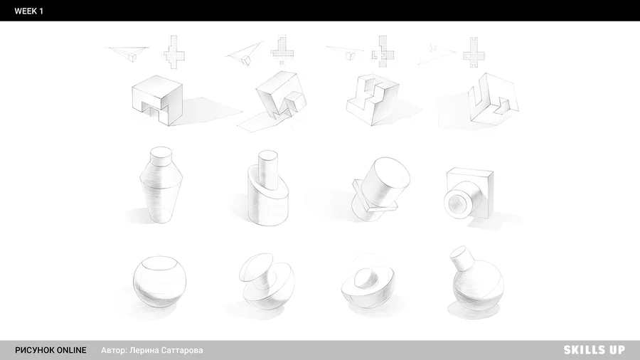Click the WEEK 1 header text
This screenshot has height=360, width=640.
tap(28, 11)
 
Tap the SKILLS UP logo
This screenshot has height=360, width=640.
tap(594, 350)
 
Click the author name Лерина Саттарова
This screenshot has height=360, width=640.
tap(166, 350)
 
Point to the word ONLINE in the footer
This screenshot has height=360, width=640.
tap(71, 350)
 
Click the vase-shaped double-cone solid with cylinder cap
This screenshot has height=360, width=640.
tap(161, 185)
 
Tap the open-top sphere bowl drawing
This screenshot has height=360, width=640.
tap(159, 282)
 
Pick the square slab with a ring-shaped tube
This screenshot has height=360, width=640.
tap(469, 193)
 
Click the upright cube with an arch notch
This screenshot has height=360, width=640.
tap(157, 100)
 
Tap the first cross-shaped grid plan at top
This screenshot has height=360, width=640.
tap(174, 52)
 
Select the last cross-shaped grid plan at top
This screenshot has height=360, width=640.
tap(474, 52)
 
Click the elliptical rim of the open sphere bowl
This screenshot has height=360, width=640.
tap(159, 263)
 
